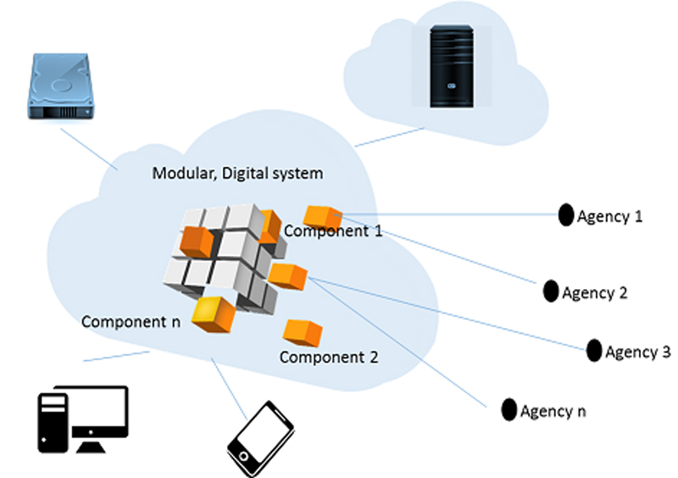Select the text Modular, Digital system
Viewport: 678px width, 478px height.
[236, 174]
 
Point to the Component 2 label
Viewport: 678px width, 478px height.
[329, 357]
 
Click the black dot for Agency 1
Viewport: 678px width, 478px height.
[565, 216]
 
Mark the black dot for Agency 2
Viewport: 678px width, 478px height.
[551, 291]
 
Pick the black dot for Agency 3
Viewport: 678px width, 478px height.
[594, 350]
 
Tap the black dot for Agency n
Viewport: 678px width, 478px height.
[508, 409]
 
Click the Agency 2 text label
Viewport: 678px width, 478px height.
[595, 293]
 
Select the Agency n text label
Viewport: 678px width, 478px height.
[553, 412]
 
